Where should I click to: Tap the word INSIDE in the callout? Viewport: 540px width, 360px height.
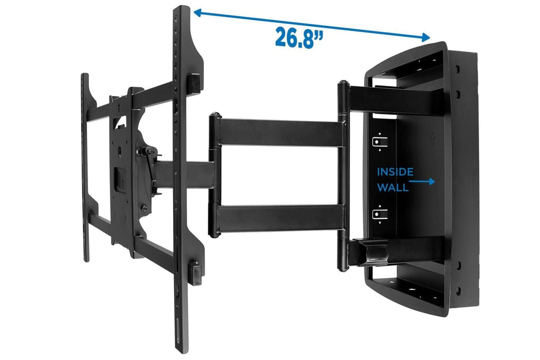pos(395,172)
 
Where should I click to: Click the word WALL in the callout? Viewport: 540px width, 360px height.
pos(393,187)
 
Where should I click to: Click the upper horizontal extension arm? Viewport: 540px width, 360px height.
pos(280,132)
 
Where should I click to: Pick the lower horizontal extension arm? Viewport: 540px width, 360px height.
pos(280,218)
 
